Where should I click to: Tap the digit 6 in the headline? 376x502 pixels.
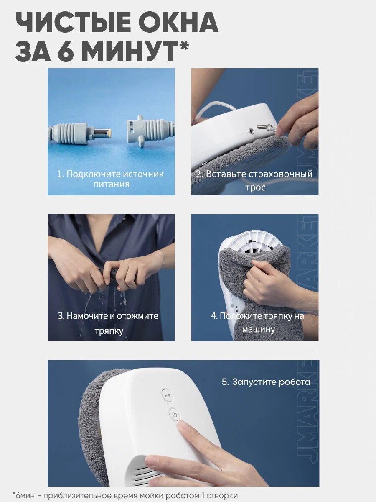[x=66, y=51]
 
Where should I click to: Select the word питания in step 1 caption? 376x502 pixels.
[x=111, y=184]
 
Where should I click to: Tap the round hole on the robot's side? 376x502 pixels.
[x=252, y=131]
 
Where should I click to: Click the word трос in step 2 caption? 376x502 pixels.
[x=255, y=187]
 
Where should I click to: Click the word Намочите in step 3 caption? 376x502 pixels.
[x=87, y=316]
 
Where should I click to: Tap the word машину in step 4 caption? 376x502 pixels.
[x=259, y=330]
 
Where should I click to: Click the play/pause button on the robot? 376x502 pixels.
[x=168, y=395]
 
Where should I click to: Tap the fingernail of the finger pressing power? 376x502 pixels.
[x=184, y=425]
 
